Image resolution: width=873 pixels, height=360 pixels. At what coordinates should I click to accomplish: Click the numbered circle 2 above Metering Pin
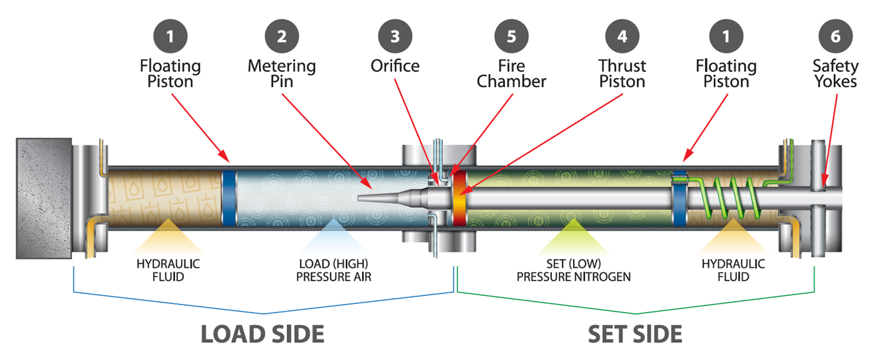[282, 36]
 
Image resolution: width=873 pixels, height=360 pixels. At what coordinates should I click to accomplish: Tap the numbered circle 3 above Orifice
[395, 36]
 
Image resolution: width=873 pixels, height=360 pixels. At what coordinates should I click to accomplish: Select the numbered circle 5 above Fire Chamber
[511, 36]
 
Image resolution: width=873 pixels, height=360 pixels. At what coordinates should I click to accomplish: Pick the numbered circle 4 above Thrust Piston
[622, 36]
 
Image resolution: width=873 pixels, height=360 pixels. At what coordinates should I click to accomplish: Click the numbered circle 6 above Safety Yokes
[835, 36]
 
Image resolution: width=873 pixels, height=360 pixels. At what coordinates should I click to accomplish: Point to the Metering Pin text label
[282, 74]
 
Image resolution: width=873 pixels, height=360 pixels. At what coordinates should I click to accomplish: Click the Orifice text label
[395, 67]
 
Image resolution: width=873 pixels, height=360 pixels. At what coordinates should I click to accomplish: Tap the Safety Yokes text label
[835, 74]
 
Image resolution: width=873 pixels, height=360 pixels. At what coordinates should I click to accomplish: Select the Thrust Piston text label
[622, 74]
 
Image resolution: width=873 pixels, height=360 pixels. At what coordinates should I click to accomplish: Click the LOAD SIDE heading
[262, 334]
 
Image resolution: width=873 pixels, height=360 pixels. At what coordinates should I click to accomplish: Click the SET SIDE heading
[635, 334]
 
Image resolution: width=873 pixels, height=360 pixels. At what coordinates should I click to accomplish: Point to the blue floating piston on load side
[229, 198]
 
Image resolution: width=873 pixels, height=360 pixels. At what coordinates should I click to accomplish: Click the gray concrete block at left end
[44, 198]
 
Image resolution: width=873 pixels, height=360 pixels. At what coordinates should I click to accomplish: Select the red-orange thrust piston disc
[458, 198]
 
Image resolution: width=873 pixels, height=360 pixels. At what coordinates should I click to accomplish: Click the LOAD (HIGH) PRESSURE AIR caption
[333, 270]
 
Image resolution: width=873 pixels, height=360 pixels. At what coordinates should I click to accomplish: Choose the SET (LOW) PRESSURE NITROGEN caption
[573, 270]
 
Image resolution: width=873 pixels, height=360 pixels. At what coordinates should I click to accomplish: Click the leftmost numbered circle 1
[171, 36]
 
